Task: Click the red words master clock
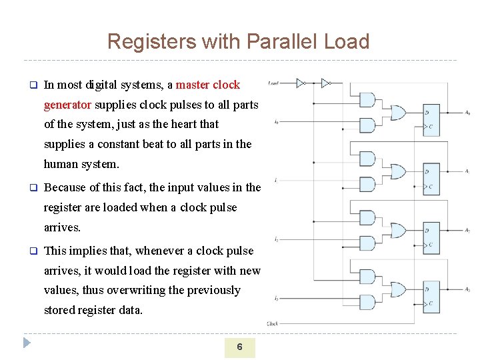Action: [208, 85]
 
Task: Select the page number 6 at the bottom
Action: [239, 347]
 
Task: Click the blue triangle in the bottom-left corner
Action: [27, 344]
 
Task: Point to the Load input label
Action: [273, 83]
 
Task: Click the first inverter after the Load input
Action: [301, 83]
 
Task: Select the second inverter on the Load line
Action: [325, 83]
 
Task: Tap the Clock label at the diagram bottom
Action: [273, 323]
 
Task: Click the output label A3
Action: [467, 289]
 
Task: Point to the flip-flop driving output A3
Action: [433, 296]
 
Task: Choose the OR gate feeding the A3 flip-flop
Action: [398, 289]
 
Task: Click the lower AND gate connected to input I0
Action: [367, 125]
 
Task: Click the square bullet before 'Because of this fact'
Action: [31, 188]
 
